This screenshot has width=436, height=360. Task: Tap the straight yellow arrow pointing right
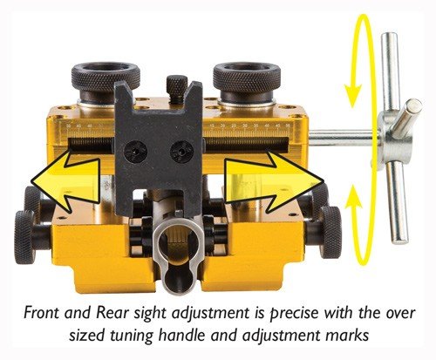270,181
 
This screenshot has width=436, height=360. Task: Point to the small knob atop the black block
176,86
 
